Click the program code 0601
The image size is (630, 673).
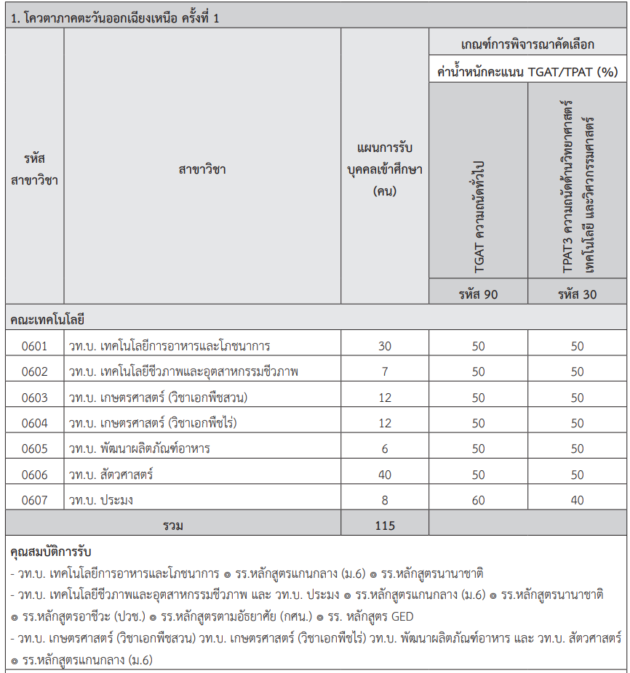coord(34,346)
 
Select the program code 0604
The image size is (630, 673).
coord(34,423)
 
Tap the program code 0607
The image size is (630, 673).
coord(34,500)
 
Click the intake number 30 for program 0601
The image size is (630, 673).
coord(385,346)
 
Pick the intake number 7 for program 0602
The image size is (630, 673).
coord(385,371)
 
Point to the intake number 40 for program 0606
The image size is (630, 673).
coord(385,475)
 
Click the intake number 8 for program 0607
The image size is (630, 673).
coord(385,500)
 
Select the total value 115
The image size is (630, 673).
coord(385,525)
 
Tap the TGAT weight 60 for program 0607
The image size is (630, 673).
coord(478,500)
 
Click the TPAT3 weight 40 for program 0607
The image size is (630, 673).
coord(577,500)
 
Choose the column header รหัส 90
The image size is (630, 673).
coord(478,294)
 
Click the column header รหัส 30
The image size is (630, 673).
coord(577,294)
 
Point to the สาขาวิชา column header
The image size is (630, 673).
coord(202,169)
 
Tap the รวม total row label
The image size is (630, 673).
coord(173,525)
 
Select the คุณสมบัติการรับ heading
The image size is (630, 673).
coord(51,552)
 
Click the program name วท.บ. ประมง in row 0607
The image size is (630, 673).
coord(101,500)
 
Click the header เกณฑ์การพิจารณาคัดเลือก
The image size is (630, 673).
coord(527,44)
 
